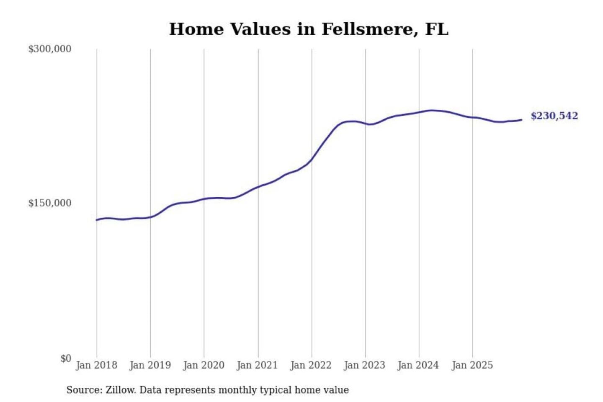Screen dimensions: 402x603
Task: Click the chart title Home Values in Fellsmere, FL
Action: pyautogui.click(x=309, y=29)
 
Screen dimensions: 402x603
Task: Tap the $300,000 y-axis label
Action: pyautogui.click(x=50, y=49)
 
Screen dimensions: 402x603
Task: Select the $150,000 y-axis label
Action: pyautogui.click(x=50, y=203)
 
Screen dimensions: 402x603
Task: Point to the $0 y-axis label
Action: pyautogui.click(x=66, y=358)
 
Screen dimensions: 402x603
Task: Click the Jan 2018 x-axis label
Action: pyautogui.click(x=96, y=365)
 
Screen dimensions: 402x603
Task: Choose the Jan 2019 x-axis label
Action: pyautogui.click(x=150, y=365)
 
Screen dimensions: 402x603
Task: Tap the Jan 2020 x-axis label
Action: pyautogui.click(x=204, y=365)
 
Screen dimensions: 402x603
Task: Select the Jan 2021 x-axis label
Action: pyautogui.click(x=257, y=365)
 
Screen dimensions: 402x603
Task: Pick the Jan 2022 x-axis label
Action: pyautogui.click(x=311, y=365)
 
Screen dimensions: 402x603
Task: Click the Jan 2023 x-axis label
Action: pyautogui.click(x=364, y=365)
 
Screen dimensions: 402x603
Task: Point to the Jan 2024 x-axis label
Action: pyautogui.click(x=418, y=365)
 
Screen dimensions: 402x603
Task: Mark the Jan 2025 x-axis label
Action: pyautogui.click(x=472, y=365)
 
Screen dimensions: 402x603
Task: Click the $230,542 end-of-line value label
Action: pyautogui.click(x=554, y=116)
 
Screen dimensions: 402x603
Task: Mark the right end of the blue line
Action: pyautogui.click(x=521, y=120)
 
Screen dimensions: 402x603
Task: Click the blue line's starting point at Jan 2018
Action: pyautogui.click(x=97, y=220)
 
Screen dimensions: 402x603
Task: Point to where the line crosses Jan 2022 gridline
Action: pyautogui.click(x=312, y=159)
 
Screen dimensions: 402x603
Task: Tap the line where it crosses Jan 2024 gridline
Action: pyautogui.click(x=419, y=112)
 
